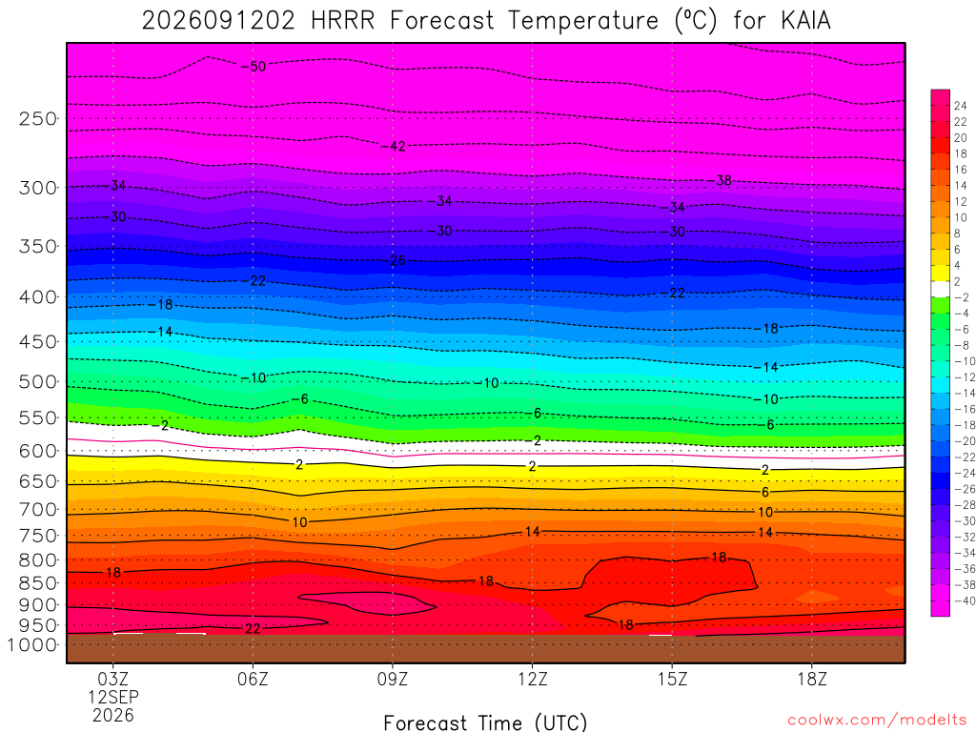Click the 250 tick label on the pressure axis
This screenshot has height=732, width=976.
click(37, 118)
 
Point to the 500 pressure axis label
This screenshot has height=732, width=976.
click(37, 381)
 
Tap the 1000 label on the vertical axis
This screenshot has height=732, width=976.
click(31, 645)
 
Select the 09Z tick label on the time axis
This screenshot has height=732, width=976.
click(392, 679)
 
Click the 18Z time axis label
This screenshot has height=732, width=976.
click(812, 679)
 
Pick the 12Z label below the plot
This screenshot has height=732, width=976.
click(532, 679)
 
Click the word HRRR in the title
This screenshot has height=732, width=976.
click(342, 21)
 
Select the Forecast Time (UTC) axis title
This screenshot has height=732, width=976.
click(485, 722)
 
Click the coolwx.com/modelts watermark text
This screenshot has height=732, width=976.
click(877, 721)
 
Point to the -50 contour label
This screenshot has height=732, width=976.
click(254, 67)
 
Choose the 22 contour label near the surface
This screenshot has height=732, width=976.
click(253, 629)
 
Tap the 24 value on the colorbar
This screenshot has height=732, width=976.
click(961, 106)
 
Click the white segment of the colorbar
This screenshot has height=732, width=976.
click(940, 290)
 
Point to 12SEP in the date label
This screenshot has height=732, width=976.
click(113, 697)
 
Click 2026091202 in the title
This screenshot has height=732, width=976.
click(218, 21)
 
